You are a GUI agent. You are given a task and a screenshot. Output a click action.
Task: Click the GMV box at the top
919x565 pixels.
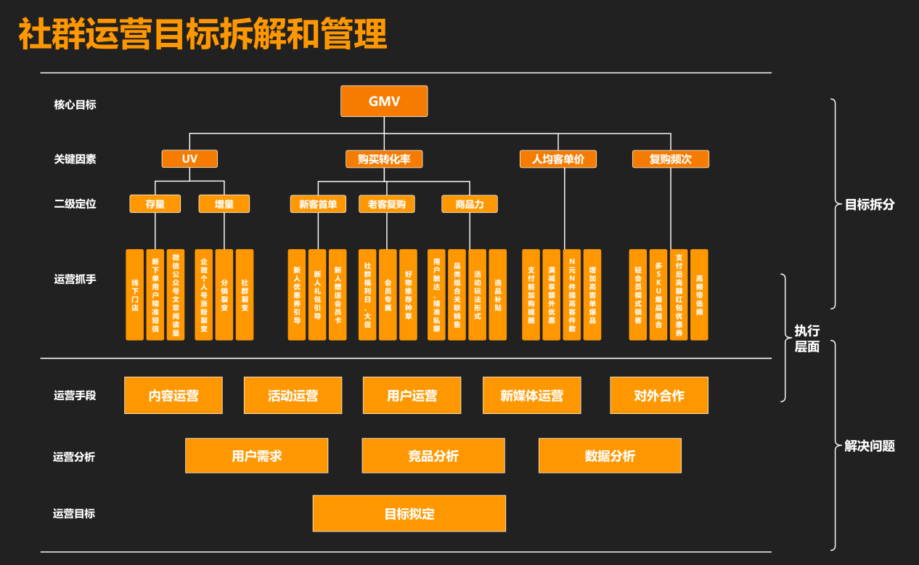[384, 101]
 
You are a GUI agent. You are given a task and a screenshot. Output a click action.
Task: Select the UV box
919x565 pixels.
[189, 158]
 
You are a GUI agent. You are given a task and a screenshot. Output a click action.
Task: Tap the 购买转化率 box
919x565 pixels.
[384, 159]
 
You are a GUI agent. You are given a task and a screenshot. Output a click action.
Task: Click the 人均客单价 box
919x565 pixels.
[557, 159]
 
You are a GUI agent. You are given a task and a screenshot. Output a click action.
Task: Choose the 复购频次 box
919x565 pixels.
[670, 159]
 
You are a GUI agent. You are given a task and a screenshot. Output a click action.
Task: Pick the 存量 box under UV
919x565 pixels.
[155, 204]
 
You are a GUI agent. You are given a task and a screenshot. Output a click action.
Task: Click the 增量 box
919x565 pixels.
[224, 204]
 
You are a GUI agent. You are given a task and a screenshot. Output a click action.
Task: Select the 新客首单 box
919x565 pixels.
[318, 204]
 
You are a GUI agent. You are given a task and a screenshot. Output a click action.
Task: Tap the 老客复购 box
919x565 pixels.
[387, 204]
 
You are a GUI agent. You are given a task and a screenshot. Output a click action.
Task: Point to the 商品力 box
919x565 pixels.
[470, 204]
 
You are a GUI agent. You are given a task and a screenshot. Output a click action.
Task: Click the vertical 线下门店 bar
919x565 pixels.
[135, 295]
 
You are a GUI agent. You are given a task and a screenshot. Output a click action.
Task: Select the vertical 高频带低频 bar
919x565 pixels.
[699, 295]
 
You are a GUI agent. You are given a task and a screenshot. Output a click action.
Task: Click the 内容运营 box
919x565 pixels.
[173, 396]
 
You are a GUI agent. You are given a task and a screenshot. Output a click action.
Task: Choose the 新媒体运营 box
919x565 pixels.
[531, 396]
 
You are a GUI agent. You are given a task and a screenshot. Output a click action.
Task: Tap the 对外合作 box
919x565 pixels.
[659, 396]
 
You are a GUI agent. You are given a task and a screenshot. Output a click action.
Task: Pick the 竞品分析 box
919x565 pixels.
[433, 456]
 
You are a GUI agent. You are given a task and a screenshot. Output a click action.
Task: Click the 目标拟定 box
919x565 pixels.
[409, 513]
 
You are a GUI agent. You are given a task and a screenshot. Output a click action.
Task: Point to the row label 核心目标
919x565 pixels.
[75, 105]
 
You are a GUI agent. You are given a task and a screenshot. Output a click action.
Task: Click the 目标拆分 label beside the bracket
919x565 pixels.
[870, 205]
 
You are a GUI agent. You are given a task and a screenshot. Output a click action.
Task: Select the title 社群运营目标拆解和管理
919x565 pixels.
[203, 35]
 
